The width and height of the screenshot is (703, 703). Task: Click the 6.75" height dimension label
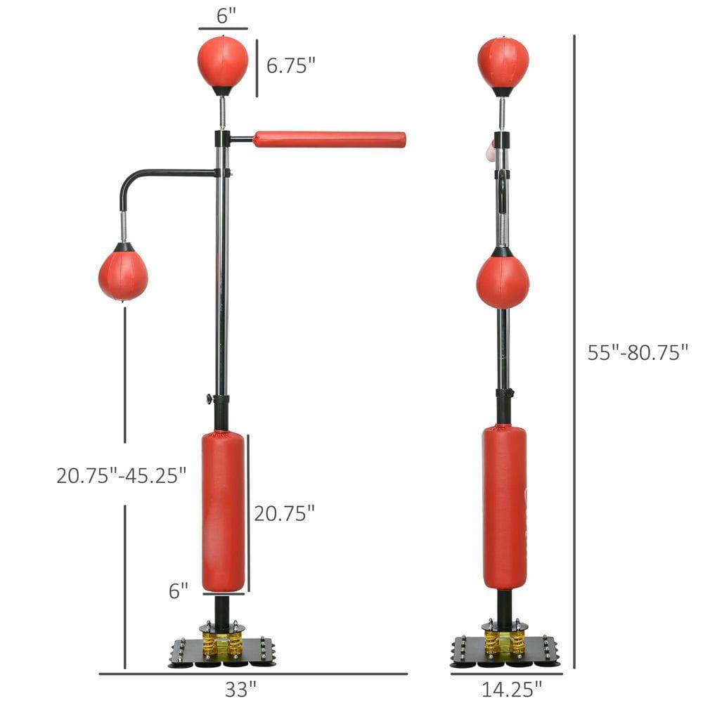click(x=290, y=65)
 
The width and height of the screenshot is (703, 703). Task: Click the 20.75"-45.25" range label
click(x=121, y=475)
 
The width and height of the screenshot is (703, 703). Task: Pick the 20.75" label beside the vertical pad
click(x=283, y=514)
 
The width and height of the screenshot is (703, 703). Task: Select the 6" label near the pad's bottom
click(x=179, y=591)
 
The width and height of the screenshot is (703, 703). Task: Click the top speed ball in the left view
click(x=222, y=62)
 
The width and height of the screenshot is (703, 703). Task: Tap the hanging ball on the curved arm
click(x=123, y=275)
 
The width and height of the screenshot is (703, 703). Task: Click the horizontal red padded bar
click(x=329, y=139)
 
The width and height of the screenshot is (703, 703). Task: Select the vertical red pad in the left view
click(x=223, y=511)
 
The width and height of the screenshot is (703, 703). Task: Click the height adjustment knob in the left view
click(x=210, y=399)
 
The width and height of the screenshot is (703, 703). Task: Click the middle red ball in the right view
click(x=503, y=282)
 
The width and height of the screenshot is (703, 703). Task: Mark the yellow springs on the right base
click(x=503, y=641)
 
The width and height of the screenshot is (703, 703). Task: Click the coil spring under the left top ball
click(x=222, y=112)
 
